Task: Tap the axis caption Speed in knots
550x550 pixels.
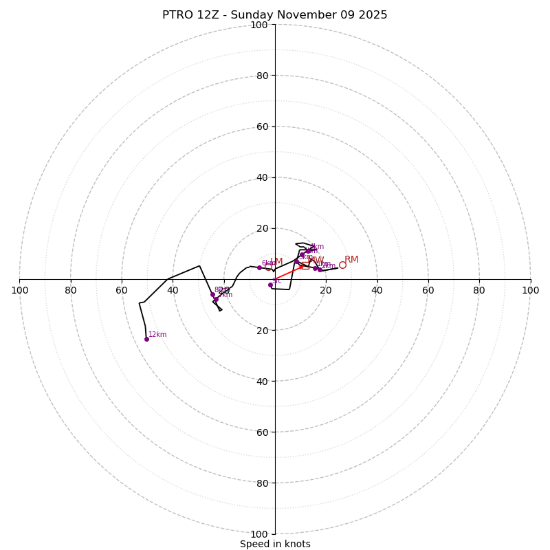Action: click(x=275, y=544)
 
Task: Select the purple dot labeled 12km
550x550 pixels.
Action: click(x=146, y=339)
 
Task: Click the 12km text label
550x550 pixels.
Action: click(x=157, y=335)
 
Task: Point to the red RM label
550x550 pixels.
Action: click(x=351, y=260)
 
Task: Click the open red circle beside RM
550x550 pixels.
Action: click(x=342, y=265)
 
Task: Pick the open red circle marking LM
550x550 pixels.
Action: click(x=268, y=267)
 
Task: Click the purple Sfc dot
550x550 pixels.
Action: click(x=270, y=285)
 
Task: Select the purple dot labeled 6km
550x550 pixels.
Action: click(x=259, y=267)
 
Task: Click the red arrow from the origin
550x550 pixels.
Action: click(x=289, y=272)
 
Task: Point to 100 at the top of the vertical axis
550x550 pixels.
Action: click(x=258, y=25)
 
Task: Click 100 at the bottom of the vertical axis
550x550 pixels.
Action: click(x=258, y=533)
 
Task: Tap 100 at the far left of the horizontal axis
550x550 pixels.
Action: click(x=20, y=290)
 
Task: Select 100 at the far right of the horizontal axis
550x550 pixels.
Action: click(x=530, y=290)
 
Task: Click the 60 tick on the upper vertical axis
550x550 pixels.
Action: click(x=261, y=126)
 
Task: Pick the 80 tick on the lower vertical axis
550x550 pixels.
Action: click(x=261, y=483)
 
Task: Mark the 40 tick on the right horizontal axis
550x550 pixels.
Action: click(x=377, y=290)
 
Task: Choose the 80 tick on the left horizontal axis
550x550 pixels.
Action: click(x=71, y=290)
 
